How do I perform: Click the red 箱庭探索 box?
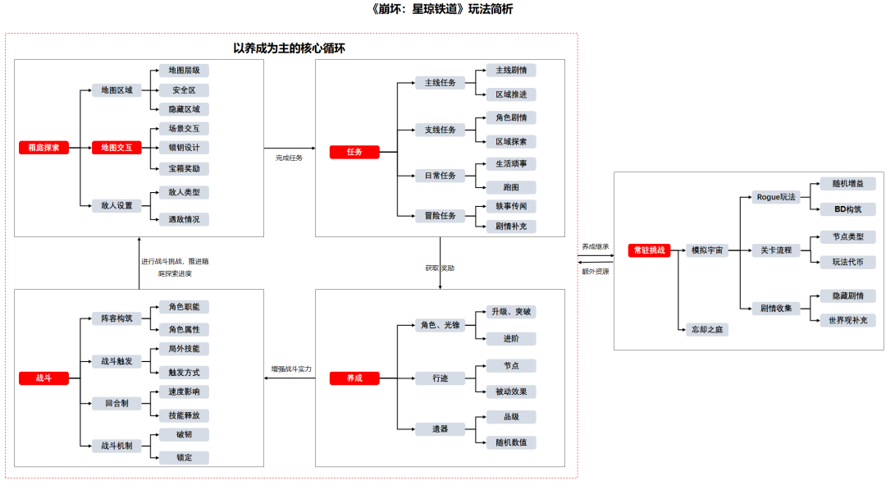(x=43, y=148)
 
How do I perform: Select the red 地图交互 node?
(x=116, y=148)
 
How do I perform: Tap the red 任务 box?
(x=354, y=152)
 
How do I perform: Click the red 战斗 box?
(x=43, y=378)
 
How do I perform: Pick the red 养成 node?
(x=354, y=378)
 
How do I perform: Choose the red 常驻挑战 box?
(x=650, y=250)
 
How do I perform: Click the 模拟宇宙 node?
(x=706, y=250)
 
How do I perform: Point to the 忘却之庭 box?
(x=706, y=329)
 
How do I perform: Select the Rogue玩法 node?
(x=776, y=197)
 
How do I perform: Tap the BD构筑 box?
(x=847, y=209)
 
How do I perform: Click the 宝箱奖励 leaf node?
(x=183, y=168)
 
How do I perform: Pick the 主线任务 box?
(x=440, y=83)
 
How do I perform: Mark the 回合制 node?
(x=116, y=403)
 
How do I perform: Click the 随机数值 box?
(x=511, y=442)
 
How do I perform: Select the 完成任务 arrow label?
(x=289, y=158)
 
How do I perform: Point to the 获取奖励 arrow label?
(x=440, y=268)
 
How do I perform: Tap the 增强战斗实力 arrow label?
(x=292, y=369)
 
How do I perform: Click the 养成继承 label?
(x=596, y=245)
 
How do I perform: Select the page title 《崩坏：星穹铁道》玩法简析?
(x=442, y=10)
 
